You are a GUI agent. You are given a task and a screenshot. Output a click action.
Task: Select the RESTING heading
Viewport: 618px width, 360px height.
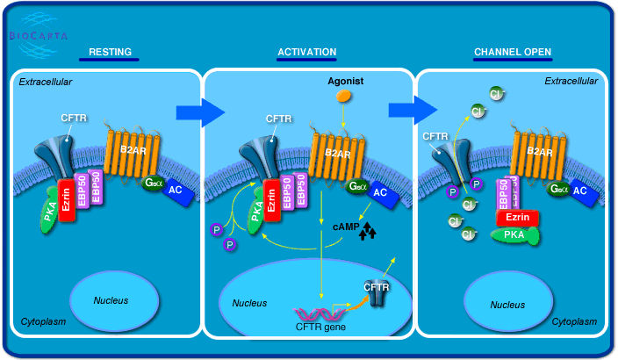pyautogui.click(x=111, y=52)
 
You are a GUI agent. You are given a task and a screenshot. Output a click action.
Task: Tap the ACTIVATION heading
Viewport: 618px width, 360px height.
pyautogui.click(x=307, y=52)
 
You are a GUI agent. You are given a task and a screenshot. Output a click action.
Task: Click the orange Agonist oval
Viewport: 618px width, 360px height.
pyautogui.click(x=345, y=95)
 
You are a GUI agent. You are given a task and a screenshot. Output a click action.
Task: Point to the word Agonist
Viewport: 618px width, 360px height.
pyautogui.click(x=345, y=81)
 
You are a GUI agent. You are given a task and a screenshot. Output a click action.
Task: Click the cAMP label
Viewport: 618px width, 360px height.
pyautogui.click(x=346, y=227)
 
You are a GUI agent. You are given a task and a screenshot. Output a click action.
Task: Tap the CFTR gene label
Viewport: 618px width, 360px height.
pyautogui.click(x=320, y=328)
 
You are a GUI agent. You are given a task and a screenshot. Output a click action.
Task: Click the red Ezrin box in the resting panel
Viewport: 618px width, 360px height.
pyautogui.click(x=67, y=200)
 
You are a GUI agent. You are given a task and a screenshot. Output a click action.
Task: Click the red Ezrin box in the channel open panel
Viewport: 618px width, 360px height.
pyautogui.click(x=517, y=217)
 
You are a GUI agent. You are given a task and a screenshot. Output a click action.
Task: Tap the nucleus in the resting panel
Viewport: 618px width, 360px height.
pyautogui.click(x=111, y=300)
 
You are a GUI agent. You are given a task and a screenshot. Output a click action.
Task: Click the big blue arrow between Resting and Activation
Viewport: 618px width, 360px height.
pyautogui.click(x=197, y=112)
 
